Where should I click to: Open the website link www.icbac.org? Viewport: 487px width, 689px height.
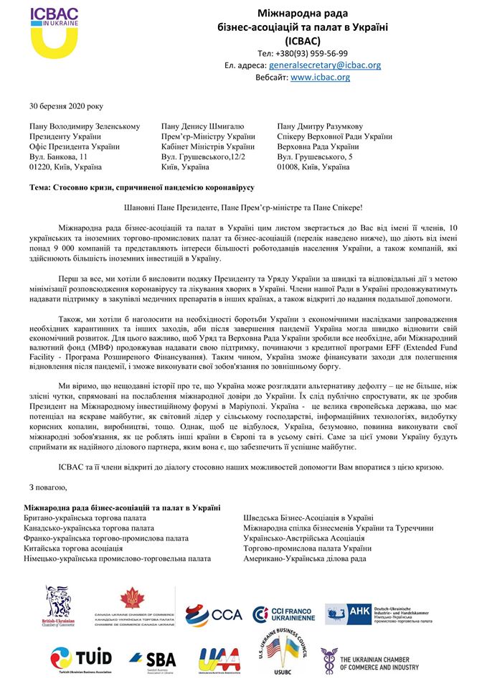321,77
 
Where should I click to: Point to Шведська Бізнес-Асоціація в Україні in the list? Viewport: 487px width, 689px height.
308,517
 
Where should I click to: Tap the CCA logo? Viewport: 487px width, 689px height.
214,614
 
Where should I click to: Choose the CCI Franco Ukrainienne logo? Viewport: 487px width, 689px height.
282,614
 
